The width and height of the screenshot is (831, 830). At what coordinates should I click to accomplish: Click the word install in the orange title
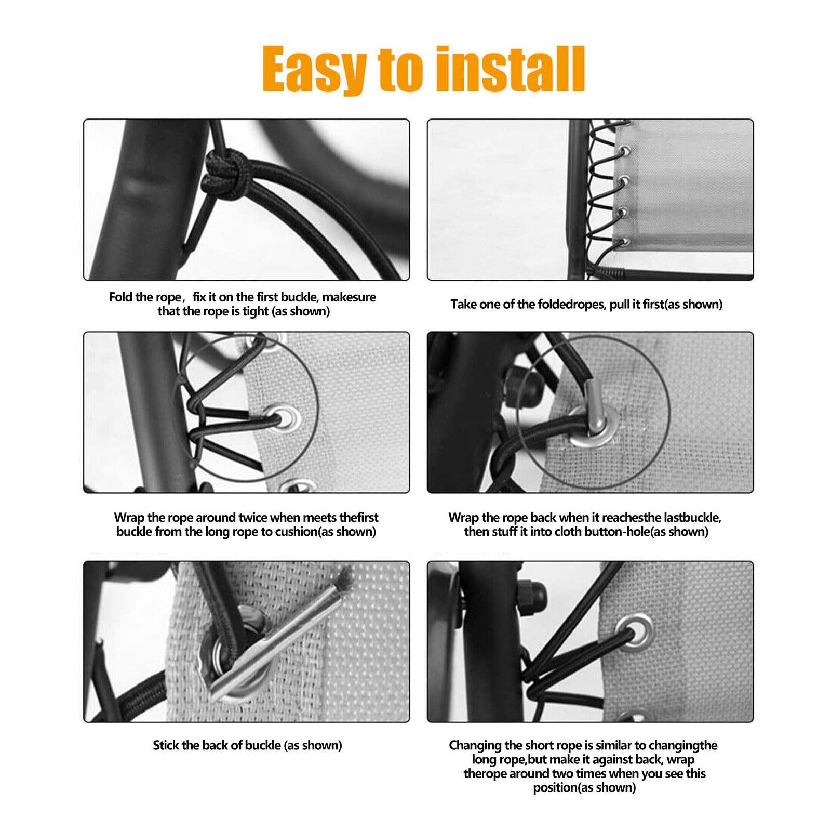tap(511, 69)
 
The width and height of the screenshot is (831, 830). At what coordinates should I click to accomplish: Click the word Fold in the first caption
tap(120, 297)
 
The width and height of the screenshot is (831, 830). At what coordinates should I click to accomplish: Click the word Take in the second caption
tap(463, 304)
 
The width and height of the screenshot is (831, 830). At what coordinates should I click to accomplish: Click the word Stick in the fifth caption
tap(166, 745)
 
